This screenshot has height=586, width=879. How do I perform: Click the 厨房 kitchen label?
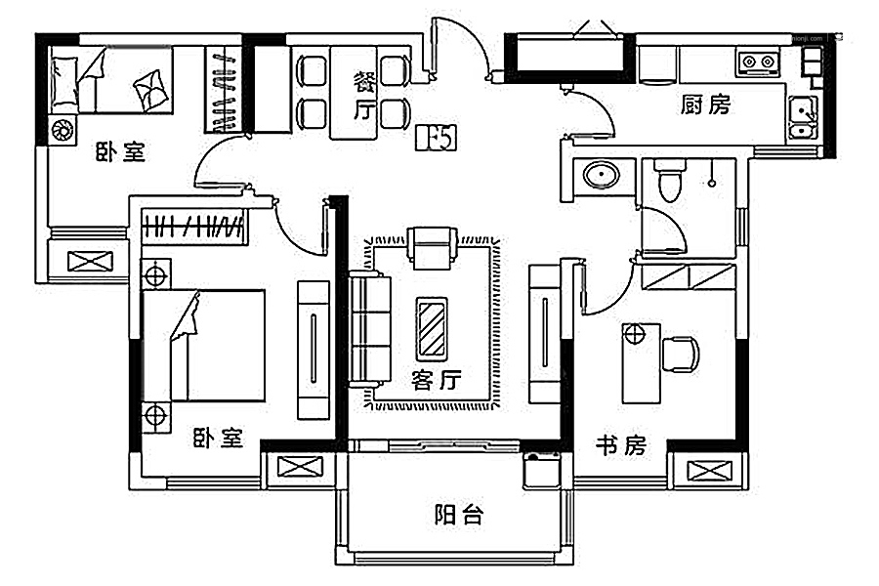tap(705, 105)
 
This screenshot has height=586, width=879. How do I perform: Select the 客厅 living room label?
tap(436, 379)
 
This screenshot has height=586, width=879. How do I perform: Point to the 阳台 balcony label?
tap(458, 515)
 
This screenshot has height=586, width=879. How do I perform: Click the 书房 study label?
tap(621, 446)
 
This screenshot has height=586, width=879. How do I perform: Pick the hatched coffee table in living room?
tap(431, 326)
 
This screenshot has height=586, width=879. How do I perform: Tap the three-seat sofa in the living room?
tap(369, 328)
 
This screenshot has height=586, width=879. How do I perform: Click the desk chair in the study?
tap(681, 354)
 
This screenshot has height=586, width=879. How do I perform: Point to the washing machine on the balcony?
tap(540, 470)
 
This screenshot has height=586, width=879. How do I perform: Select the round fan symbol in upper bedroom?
tap(62, 130)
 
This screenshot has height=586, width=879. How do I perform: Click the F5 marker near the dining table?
tap(436, 139)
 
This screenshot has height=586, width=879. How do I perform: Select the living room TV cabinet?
tap(543, 333)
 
